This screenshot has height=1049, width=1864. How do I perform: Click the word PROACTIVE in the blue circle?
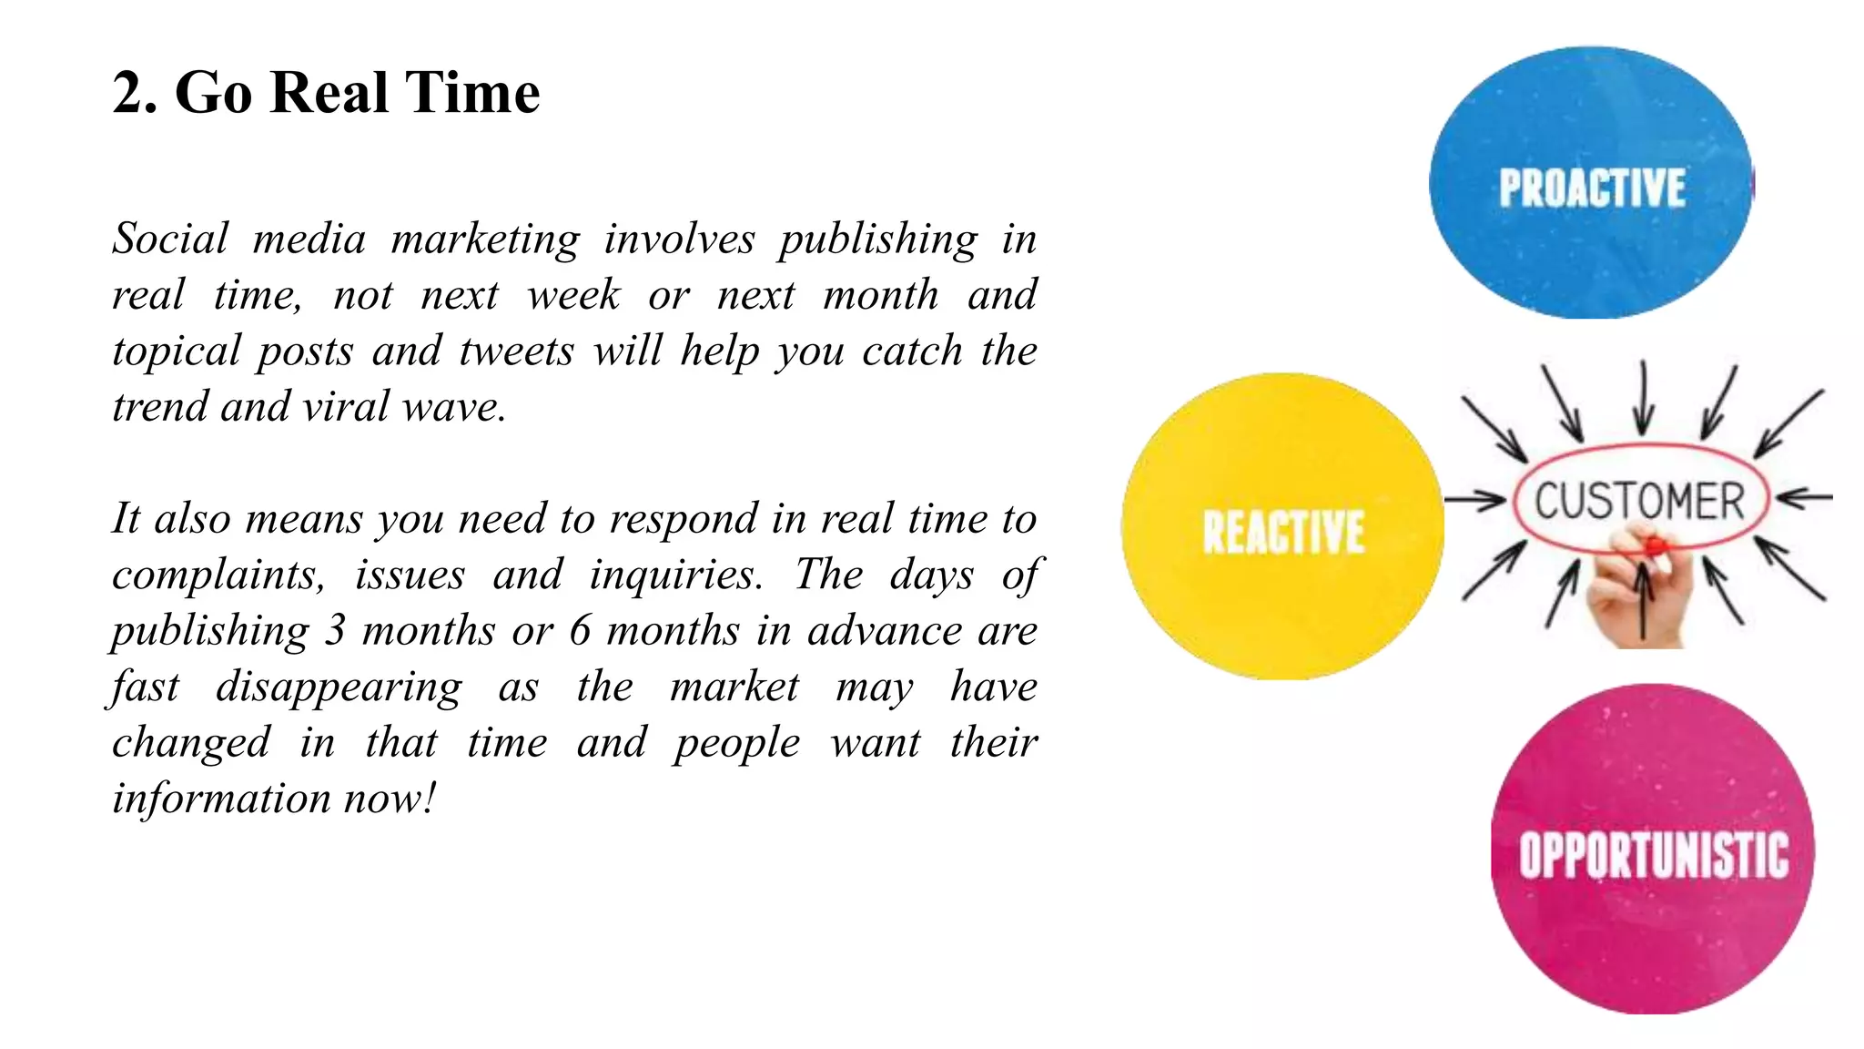coord(1592,188)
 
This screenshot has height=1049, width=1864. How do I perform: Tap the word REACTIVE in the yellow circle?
coord(1283,532)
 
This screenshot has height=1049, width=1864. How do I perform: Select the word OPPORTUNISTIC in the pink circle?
coord(1653,855)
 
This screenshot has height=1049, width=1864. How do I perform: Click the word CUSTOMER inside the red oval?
coord(1639,501)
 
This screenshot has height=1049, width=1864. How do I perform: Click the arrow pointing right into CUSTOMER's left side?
coord(1474,499)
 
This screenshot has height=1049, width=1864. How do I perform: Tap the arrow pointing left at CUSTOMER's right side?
coord(1804,497)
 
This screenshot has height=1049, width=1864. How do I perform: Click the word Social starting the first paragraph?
coord(170,239)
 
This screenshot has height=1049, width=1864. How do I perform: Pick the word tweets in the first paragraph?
coord(516,351)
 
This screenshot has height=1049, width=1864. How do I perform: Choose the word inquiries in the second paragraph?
coord(675,575)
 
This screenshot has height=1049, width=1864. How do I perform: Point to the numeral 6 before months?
coord(580,630)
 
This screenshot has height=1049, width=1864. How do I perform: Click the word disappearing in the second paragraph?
coord(339,687)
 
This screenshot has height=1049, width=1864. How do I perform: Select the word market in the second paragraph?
coord(734,687)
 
